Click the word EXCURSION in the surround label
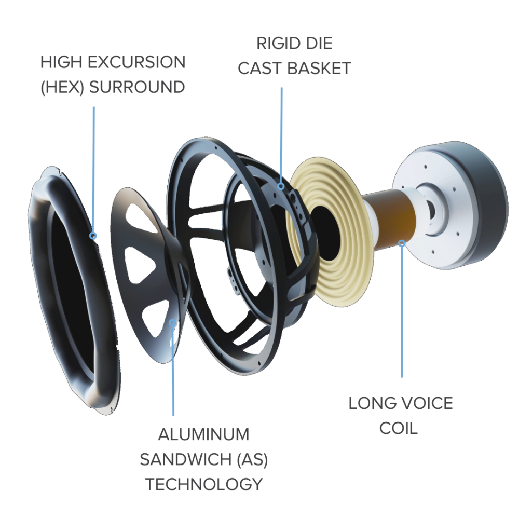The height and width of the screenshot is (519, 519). click(x=136, y=62)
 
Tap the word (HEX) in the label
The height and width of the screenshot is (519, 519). click(x=62, y=87)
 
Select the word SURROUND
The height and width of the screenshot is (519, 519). click(x=137, y=87)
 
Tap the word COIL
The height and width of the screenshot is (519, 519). click(x=398, y=428)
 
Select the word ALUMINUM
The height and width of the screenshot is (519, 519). click(x=203, y=434)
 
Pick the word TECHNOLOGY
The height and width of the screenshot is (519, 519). click(x=203, y=484)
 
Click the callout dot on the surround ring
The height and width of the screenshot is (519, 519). click(x=93, y=236)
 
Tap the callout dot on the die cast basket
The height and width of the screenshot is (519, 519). click(x=281, y=186)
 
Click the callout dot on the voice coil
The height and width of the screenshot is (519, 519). click(x=402, y=243)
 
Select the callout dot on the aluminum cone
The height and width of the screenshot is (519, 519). click(x=172, y=322)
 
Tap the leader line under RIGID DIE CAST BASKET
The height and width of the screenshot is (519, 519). click(x=282, y=135)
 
